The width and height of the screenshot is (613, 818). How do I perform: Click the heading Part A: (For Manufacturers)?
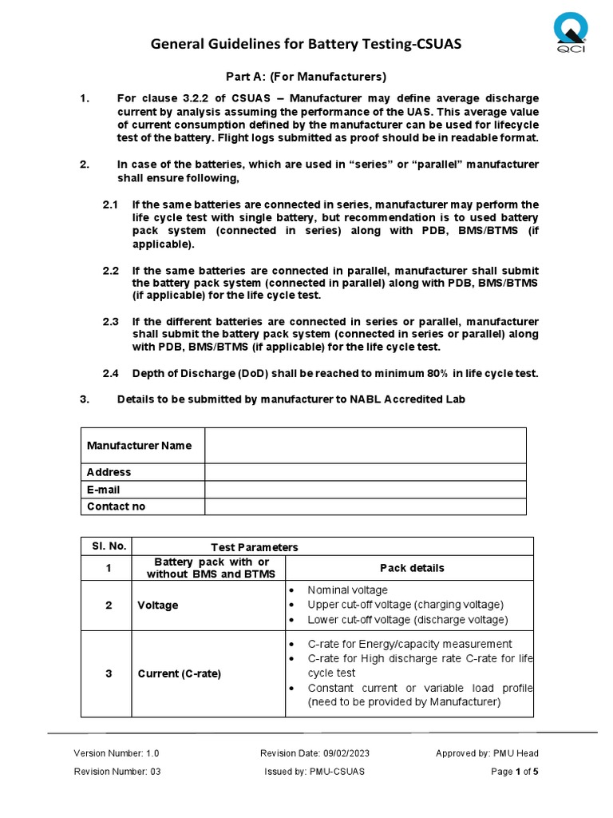[306, 77]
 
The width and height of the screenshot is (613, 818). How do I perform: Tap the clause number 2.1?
[110, 204]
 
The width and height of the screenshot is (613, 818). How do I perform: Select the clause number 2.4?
[110, 373]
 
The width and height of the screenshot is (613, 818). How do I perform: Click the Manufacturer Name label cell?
[140, 445]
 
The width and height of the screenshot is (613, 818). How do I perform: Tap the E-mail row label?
[104, 489]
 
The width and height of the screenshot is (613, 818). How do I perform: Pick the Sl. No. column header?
[107, 546]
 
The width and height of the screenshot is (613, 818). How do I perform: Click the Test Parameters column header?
[254, 547]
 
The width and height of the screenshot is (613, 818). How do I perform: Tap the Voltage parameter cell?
[158, 606]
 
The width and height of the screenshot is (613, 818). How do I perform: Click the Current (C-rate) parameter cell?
[180, 673]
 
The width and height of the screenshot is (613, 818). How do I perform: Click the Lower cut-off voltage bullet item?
[407, 620]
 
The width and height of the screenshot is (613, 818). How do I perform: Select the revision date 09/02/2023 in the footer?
[314, 753]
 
